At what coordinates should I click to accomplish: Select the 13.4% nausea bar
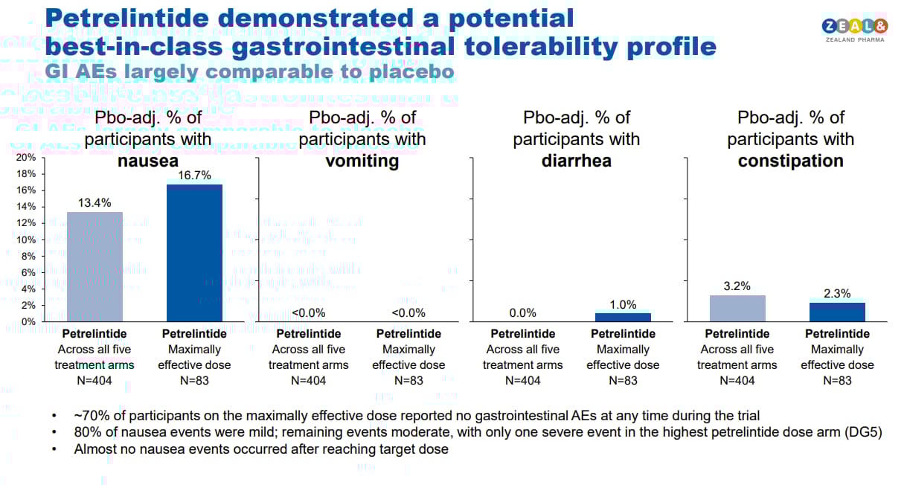[x=94, y=266]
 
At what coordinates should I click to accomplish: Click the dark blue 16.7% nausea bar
[x=194, y=253]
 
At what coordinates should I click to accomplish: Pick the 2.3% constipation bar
[x=837, y=312]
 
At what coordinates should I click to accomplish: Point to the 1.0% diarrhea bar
[x=623, y=317]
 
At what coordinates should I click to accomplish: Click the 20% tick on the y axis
[x=26, y=158]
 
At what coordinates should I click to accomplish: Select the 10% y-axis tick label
[x=26, y=240]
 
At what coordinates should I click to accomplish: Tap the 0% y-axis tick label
[x=28, y=321]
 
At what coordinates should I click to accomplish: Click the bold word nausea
[x=148, y=161]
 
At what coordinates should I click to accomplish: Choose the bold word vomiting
[x=362, y=161]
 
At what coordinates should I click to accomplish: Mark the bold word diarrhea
[x=576, y=161]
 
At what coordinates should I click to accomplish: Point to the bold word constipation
[x=790, y=161]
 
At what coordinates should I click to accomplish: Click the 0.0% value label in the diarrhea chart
[x=523, y=313]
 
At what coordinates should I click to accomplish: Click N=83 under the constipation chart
[x=837, y=380]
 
